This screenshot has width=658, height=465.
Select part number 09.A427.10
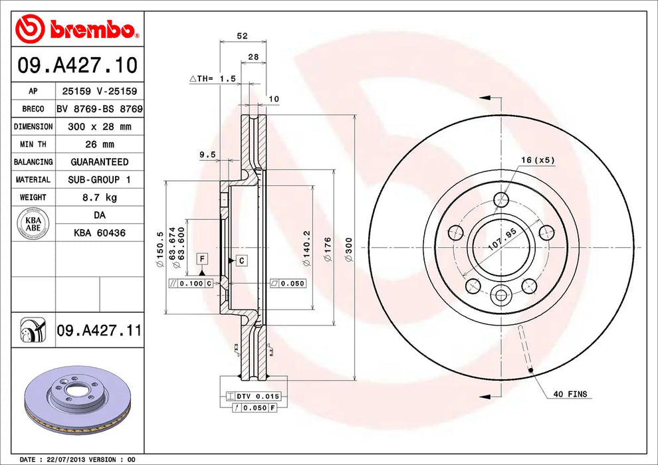[x=77, y=65]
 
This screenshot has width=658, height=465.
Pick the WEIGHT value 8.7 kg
[x=100, y=197]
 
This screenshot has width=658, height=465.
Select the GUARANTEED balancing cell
[x=100, y=162]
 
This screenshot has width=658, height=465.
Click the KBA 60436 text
[x=100, y=233]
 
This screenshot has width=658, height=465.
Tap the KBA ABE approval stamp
[x=33, y=223]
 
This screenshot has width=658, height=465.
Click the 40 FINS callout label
[x=570, y=394]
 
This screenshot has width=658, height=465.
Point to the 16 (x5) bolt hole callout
[x=537, y=160]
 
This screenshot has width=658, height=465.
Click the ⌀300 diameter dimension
[x=349, y=247]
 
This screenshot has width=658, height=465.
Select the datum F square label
[x=201, y=258]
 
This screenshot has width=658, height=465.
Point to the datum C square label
[x=241, y=260]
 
